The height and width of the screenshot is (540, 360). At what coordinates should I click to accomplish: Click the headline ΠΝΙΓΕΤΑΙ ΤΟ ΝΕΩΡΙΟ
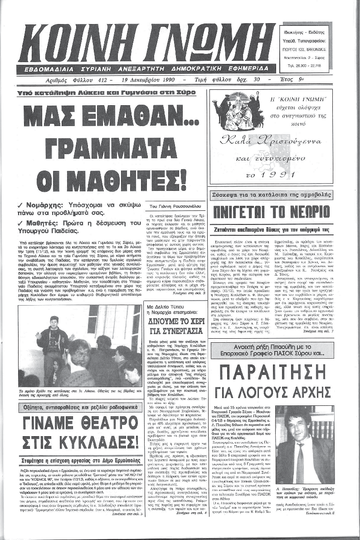click(271, 212)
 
